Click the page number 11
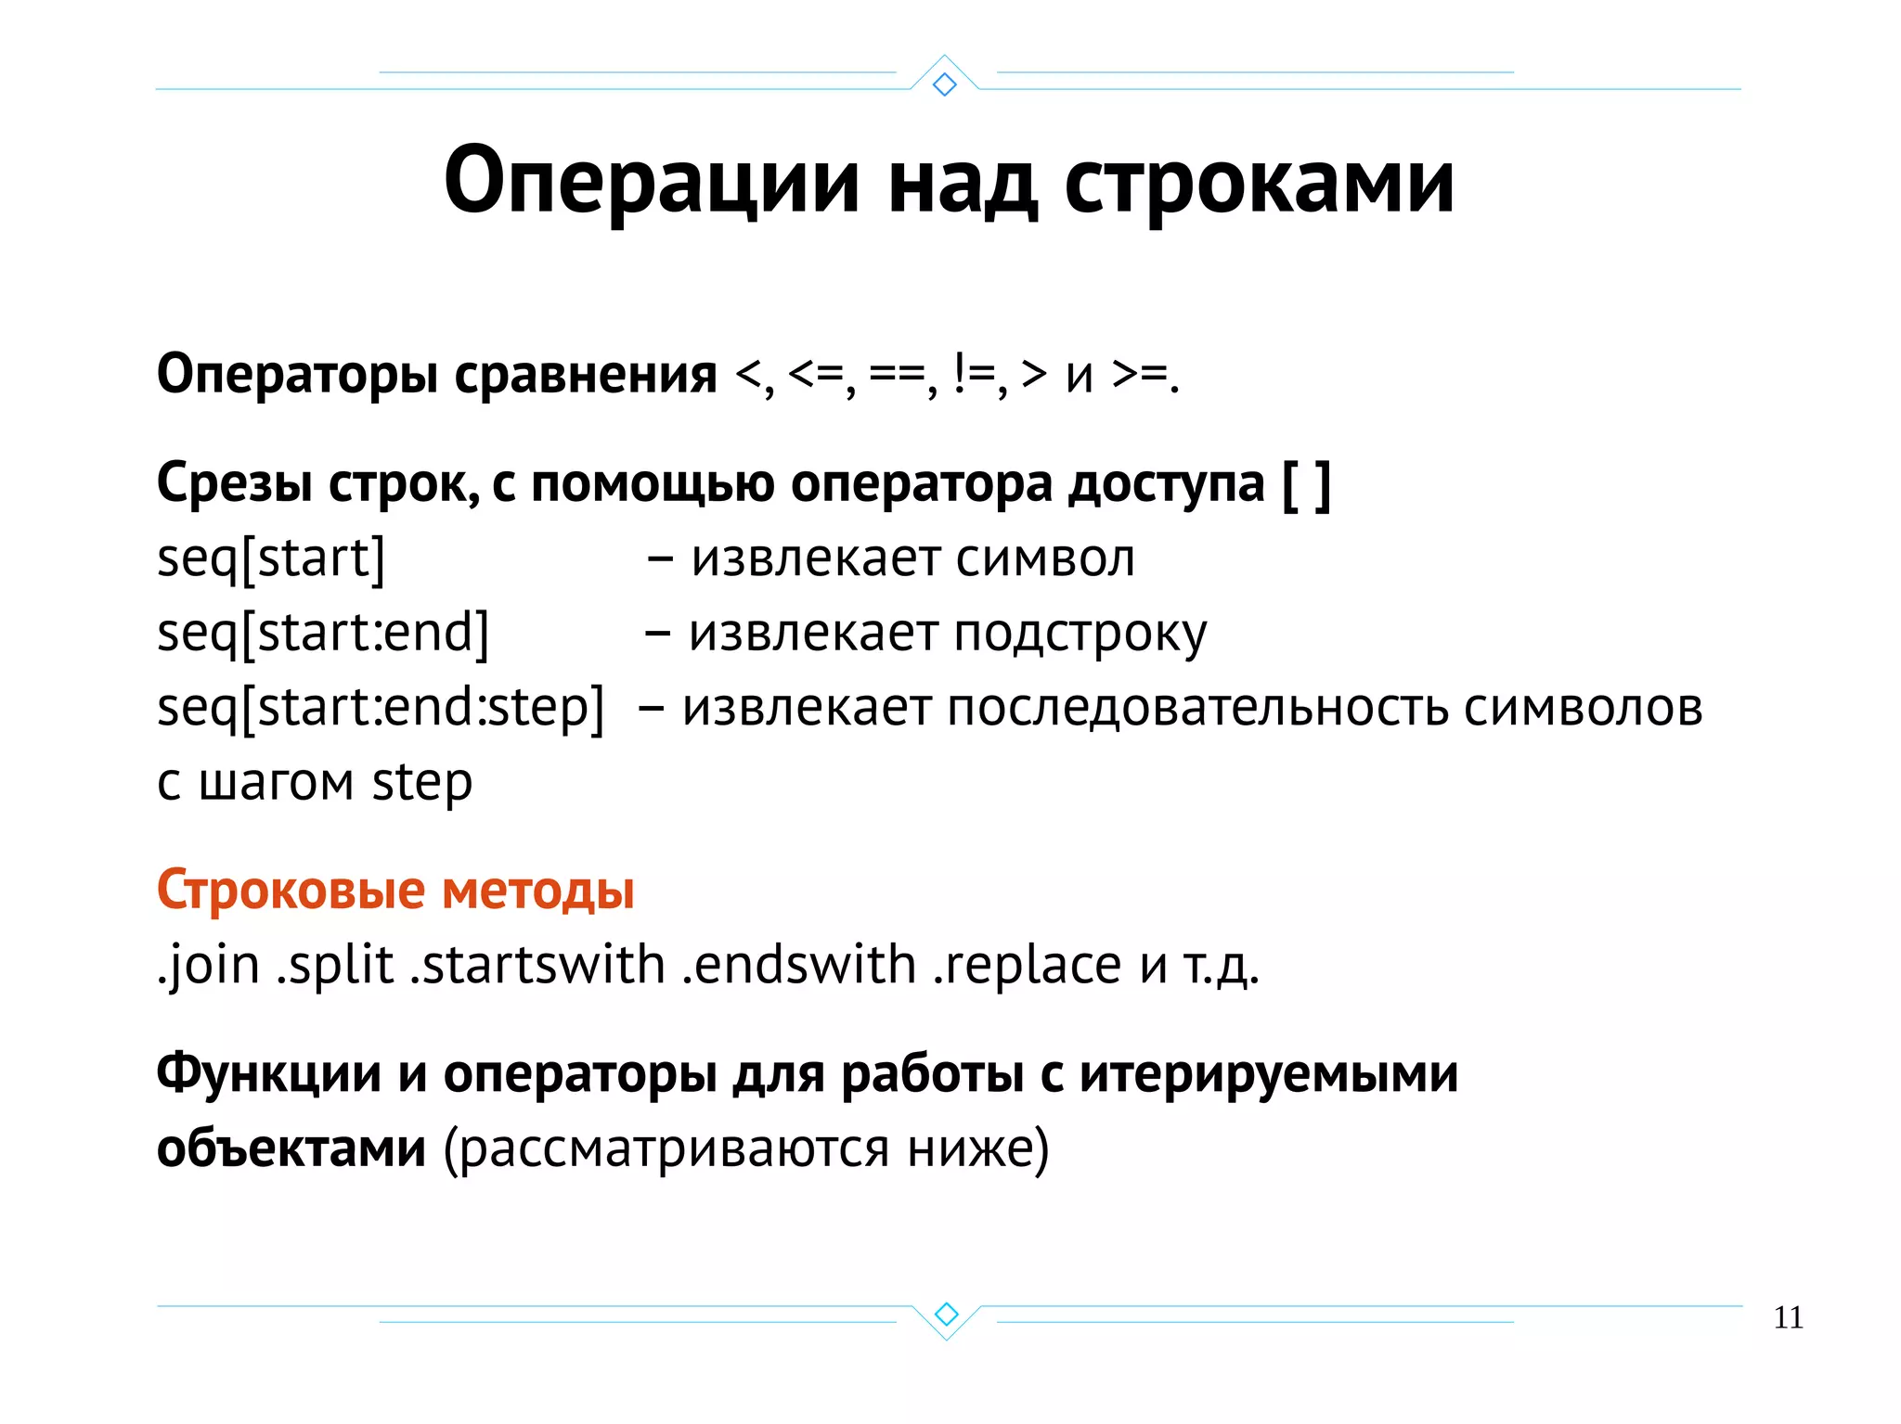click(x=1788, y=1317)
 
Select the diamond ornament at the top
click(x=945, y=84)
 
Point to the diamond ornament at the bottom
click(x=946, y=1314)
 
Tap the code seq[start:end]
click(x=323, y=634)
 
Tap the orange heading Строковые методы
click(x=395, y=890)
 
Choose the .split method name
click(x=335, y=966)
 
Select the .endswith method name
click(x=798, y=966)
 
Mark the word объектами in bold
click(x=291, y=1148)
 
